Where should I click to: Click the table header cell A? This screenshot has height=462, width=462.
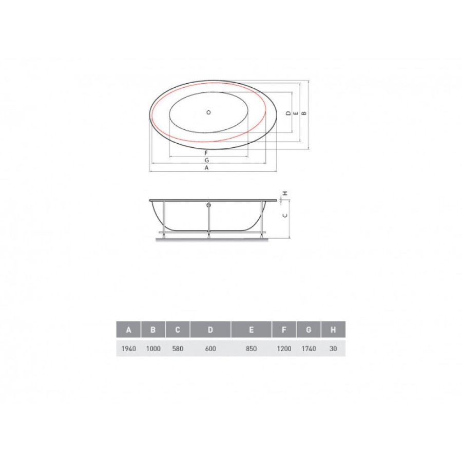click(128, 330)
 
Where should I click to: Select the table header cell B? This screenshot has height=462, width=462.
click(153, 330)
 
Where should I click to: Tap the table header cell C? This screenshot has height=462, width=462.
click(178, 330)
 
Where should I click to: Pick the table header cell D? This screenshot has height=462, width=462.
click(210, 330)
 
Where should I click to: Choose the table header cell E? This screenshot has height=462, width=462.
click(252, 330)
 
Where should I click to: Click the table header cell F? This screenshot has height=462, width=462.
click(284, 330)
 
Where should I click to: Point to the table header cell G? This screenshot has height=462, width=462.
click(309, 330)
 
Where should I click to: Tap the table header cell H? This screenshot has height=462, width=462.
click(333, 330)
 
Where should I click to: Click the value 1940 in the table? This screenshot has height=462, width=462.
click(129, 349)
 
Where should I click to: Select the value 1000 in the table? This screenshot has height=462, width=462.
click(153, 349)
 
